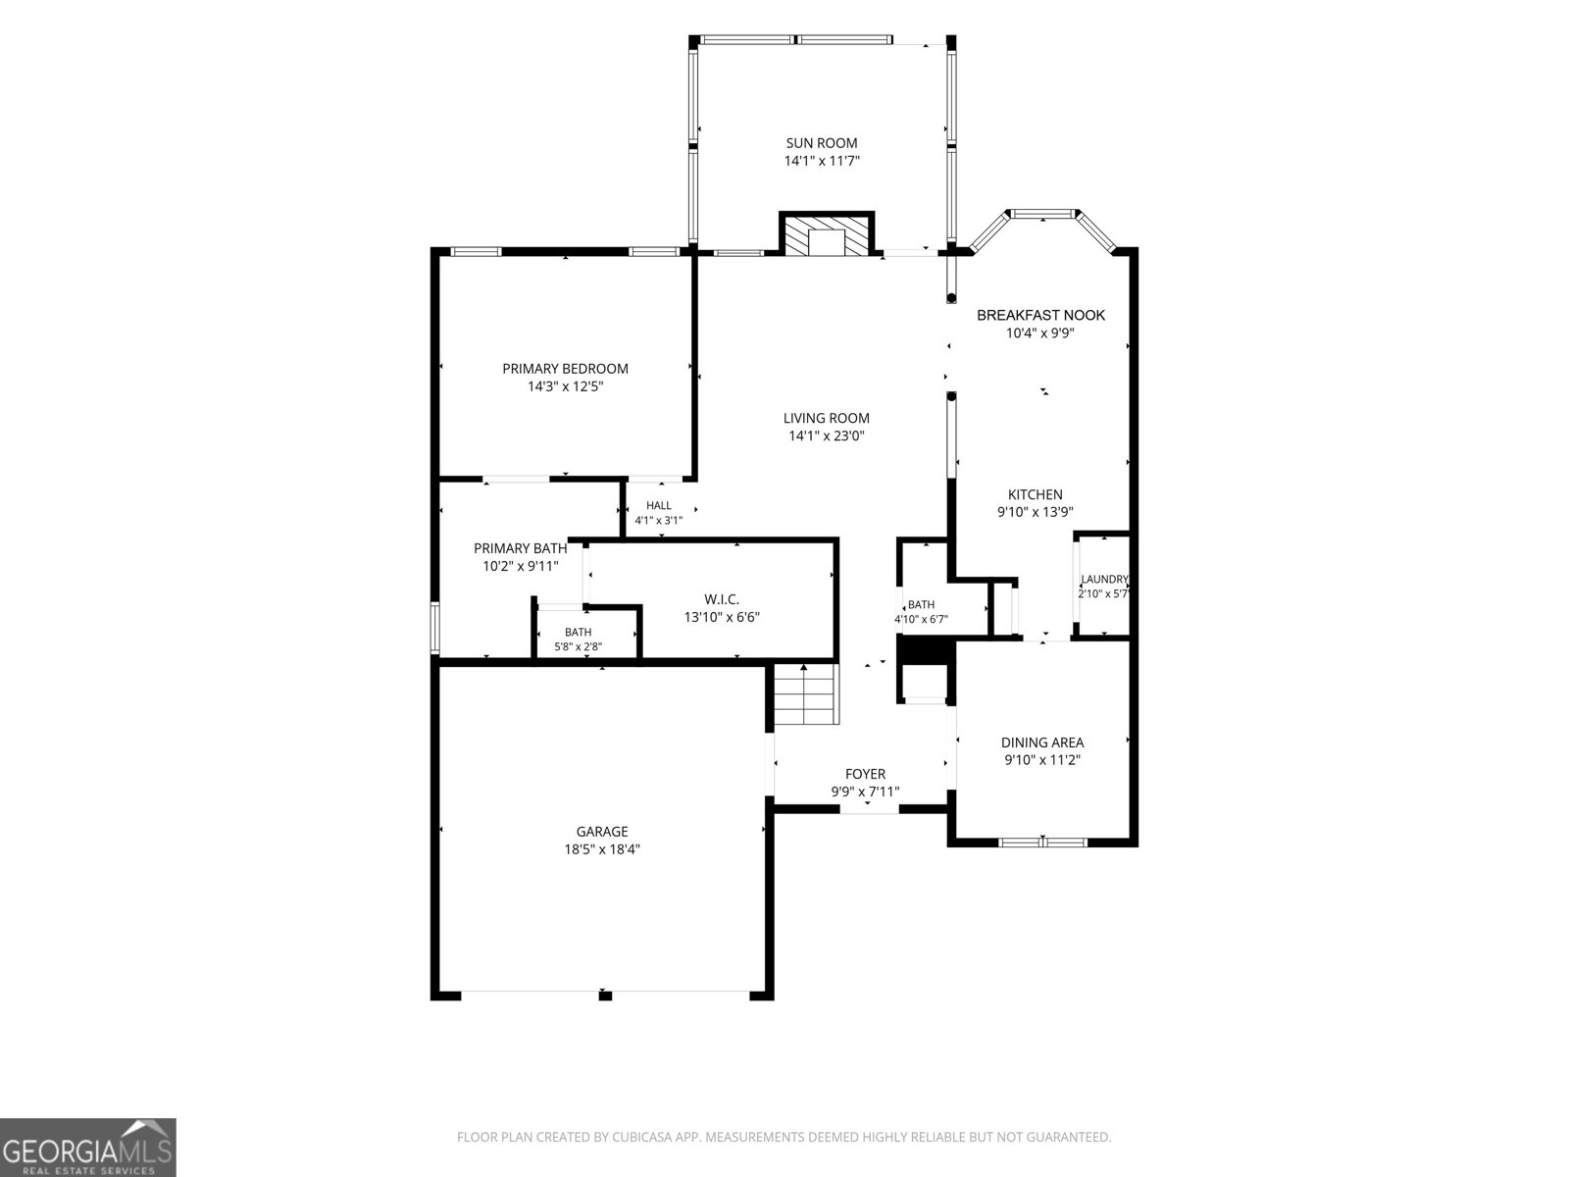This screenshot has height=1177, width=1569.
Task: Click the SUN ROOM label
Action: coord(822,143)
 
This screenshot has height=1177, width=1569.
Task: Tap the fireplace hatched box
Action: coord(827,233)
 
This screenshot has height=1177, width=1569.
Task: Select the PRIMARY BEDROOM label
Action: coord(565,369)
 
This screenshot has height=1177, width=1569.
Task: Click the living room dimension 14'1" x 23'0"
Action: coord(827,435)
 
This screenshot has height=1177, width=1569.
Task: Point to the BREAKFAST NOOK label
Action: coord(1040,315)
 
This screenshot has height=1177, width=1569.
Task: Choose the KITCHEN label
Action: coord(1035,494)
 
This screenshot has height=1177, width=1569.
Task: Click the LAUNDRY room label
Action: coord(1104,580)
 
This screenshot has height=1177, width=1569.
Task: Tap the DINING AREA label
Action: coord(1042,742)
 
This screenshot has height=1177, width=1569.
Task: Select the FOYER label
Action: coord(865,774)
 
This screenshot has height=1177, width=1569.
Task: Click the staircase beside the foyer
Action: coord(806,694)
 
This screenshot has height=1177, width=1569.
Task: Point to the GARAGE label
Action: coord(602,832)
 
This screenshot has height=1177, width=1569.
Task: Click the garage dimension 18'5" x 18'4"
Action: coord(602,849)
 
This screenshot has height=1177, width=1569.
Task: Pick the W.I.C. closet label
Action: coord(721,599)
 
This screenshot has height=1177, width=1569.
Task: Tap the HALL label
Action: coord(658,506)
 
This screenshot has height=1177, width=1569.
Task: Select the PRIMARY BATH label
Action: coord(521,548)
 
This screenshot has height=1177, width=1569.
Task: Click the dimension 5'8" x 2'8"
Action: coord(579,646)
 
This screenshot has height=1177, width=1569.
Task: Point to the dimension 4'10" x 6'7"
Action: coord(922,620)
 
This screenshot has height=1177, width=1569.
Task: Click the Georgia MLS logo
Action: coord(88,1147)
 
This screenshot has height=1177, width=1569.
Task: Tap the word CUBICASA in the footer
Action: coord(640,1137)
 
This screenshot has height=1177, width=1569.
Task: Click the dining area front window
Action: coord(1042,843)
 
